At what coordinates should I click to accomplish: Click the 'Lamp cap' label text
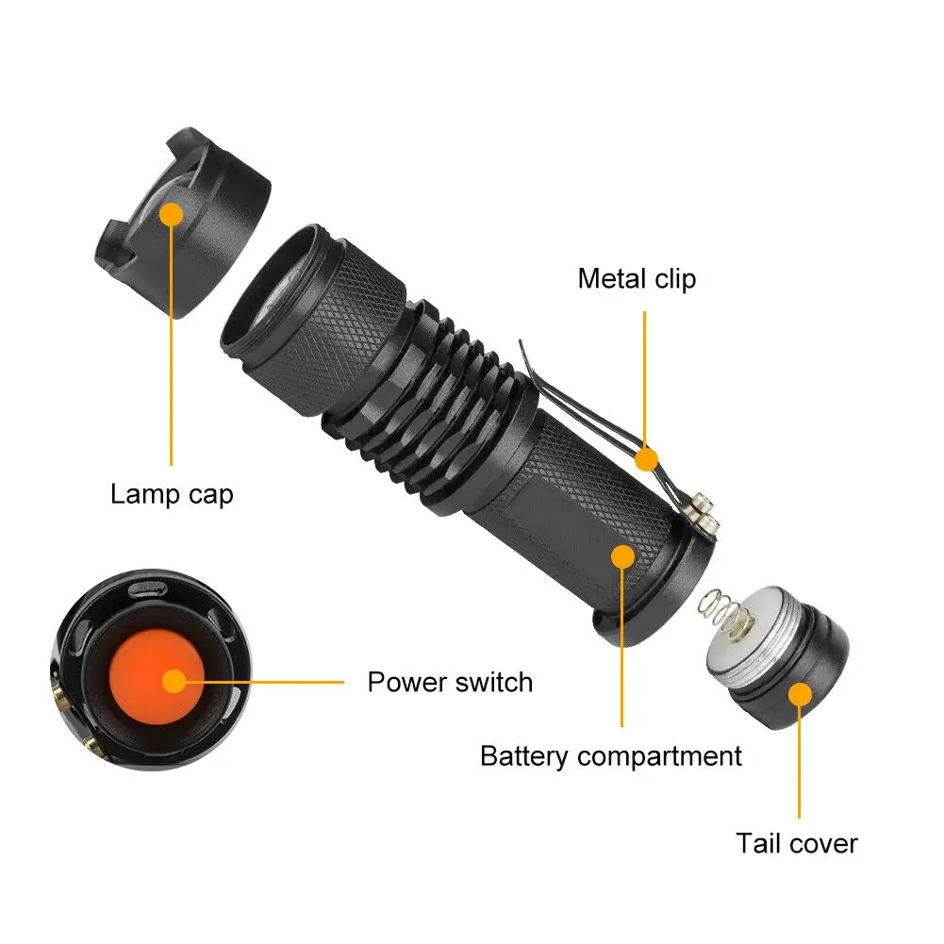pyautogui.click(x=172, y=493)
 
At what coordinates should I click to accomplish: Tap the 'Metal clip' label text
pyautogui.click(x=637, y=278)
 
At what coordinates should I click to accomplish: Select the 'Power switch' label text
pyautogui.click(x=450, y=681)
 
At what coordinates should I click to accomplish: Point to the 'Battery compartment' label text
pyautogui.click(x=610, y=755)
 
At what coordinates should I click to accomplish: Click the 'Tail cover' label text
pyautogui.click(x=797, y=842)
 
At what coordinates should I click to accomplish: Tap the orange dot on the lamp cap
pyautogui.click(x=171, y=215)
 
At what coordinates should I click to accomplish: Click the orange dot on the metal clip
pyautogui.click(x=645, y=459)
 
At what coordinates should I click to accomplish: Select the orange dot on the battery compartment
pyautogui.click(x=622, y=556)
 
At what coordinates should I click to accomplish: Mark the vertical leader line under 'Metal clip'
pyautogui.click(x=645, y=377)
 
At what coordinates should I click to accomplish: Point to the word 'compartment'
pyautogui.click(x=659, y=755)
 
